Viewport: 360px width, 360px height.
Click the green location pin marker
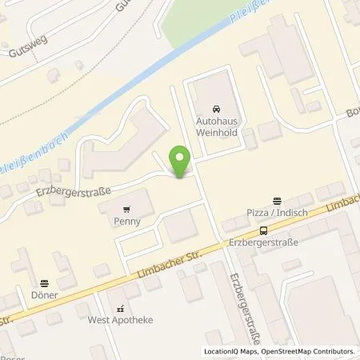(x=180, y=162)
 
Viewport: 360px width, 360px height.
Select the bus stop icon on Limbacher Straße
(x=264, y=229)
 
